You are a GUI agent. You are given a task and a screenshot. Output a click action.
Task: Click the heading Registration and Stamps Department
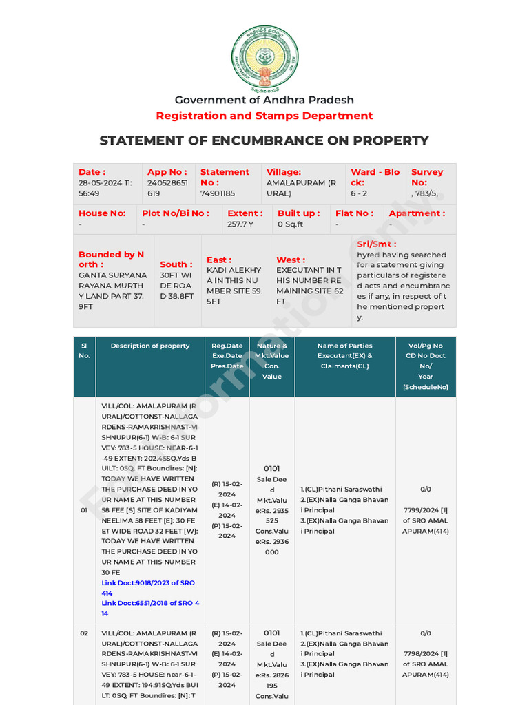coord(264,116)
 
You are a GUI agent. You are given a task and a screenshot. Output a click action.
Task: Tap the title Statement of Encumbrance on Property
coord(264,140)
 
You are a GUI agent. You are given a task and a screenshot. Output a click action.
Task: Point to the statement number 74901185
coord(218,193)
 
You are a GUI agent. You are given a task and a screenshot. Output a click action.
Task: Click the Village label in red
coord(284,172)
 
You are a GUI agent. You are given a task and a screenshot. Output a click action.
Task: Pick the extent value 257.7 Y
coord(240,224)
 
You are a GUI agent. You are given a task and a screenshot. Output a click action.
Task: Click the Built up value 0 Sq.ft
coord(291,224)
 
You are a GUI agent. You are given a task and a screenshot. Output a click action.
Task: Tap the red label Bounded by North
coord(111,260)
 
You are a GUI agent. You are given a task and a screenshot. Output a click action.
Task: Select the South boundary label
coord(176,264)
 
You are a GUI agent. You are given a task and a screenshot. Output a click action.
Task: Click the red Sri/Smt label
coord(376,244)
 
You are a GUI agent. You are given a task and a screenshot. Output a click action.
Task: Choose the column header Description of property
coord(150,346)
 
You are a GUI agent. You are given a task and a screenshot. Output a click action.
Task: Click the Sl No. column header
coord(84,350)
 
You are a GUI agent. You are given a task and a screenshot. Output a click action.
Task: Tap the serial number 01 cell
coord(84,510)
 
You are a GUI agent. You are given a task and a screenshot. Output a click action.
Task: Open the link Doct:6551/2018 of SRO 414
coord(150,608)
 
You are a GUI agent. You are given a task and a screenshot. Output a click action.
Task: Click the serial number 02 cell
coord(84,633)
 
